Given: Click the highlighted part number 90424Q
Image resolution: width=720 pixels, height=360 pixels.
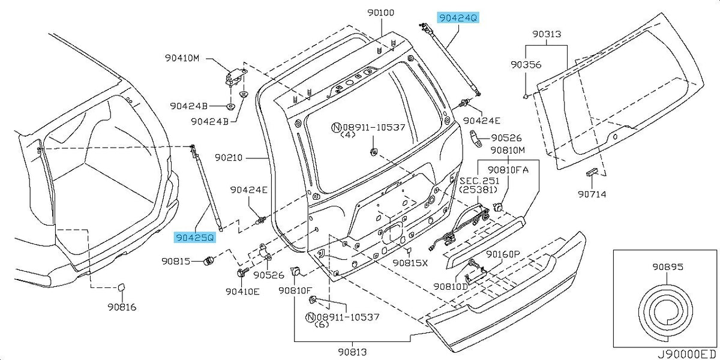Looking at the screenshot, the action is click(x=458, y=17).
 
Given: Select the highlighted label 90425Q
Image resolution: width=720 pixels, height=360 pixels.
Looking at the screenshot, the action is click(x=195, y=238).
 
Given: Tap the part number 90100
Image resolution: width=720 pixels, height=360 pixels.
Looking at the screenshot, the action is click(x=381, y=13).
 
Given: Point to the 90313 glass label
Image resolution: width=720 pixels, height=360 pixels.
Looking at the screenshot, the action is click(x=547, y=34).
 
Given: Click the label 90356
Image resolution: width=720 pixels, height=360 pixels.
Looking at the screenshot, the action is click(x=526, y=65).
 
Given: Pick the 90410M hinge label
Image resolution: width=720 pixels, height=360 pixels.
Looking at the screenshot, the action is click(x=182, y=58).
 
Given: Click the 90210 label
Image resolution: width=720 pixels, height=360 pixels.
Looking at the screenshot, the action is click(x=229, y=157).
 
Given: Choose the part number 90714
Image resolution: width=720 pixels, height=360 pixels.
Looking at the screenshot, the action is click(x=592, y=194).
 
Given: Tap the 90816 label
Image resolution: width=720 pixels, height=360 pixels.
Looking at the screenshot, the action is click(x=122, y=307).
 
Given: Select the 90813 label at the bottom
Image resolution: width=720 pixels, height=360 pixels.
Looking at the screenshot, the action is click(x=352, y=352).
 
